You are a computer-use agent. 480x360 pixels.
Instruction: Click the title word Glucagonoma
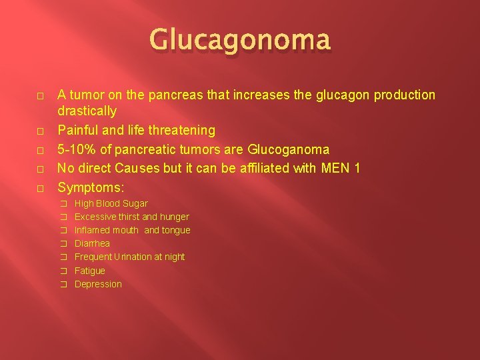[x=240, y=39]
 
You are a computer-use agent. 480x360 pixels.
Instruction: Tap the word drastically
[x=87, y=111]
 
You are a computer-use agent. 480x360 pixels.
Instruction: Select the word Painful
[x=79, y=130]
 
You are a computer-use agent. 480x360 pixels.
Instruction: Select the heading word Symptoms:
[x=91, y=187]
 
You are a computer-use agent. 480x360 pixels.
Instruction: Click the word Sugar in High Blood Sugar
[x=136, y=203]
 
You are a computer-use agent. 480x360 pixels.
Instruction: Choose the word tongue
[x=176, y=230]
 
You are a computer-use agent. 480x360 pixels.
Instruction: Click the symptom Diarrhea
[x=92, y=243]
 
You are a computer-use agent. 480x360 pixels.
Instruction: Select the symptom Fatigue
[x=90, y=271]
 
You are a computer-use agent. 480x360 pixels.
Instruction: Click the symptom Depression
[x=98, y=284]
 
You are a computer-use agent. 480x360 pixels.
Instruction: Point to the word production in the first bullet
[x=398, y=95]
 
